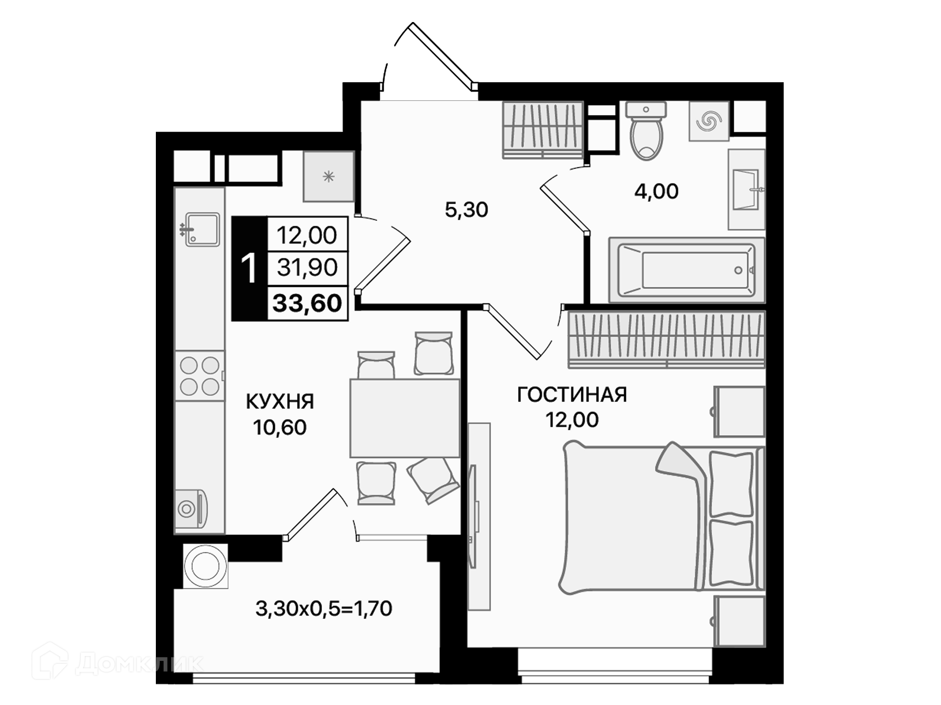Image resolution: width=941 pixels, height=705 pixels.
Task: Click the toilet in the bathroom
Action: [646, 131]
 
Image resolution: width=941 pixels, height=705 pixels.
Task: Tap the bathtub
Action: [686, 270]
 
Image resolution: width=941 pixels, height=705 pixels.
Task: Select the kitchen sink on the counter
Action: [200, 229]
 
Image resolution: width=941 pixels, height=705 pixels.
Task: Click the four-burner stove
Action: [199, 376]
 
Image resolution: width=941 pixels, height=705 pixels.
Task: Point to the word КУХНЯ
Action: [280, 401]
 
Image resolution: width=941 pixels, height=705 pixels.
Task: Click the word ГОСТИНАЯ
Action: [572, 395]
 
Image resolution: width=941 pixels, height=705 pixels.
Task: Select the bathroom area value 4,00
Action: [656, 191]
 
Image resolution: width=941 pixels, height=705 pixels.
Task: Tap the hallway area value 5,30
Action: [466, 210]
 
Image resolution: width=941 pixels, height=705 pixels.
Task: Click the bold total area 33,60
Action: [307, 303]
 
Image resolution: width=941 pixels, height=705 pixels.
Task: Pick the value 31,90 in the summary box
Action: [307, 267]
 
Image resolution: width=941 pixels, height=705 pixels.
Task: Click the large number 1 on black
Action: [249, 268]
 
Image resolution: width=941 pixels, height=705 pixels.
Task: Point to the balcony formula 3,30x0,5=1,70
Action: [324, 609]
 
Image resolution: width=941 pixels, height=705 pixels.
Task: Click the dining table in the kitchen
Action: [405, 418]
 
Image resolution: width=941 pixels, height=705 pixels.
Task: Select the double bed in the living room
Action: [662, 518]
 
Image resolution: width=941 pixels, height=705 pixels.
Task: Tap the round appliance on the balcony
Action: [206, 566]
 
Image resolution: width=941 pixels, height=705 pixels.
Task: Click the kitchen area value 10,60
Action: [280, 427]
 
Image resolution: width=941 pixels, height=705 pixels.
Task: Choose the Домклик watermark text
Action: [139, 663]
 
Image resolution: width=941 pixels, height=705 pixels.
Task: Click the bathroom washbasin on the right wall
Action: [746, 189]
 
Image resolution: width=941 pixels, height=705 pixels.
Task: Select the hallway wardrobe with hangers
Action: [543, 130]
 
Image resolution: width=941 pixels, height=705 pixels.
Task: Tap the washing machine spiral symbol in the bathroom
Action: [709, 121]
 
